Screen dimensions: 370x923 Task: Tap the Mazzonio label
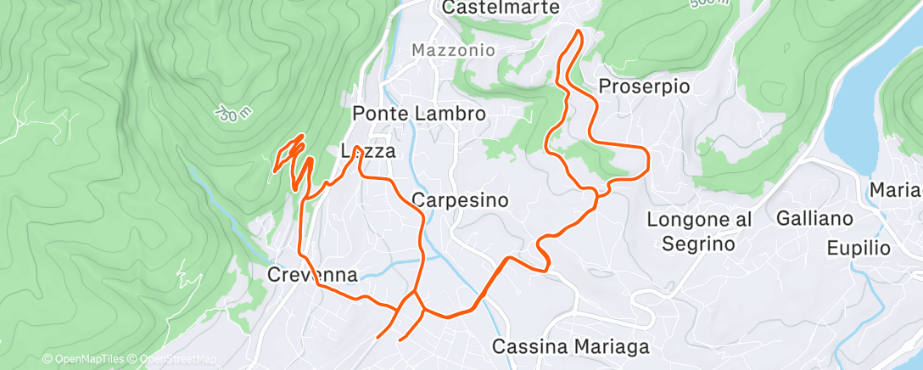[x=453, y=50]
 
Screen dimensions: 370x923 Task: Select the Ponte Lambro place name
[x=418, y=114]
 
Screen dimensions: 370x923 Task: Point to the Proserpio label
[x=644, y=87]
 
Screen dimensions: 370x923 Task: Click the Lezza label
[x=367, y=153]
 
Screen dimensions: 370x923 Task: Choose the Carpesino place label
[x=460, y=201]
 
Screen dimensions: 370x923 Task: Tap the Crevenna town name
[x=311, y=275]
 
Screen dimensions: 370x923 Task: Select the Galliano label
[x=814, y=219]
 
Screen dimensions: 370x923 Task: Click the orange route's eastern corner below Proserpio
[x=649, y=157]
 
